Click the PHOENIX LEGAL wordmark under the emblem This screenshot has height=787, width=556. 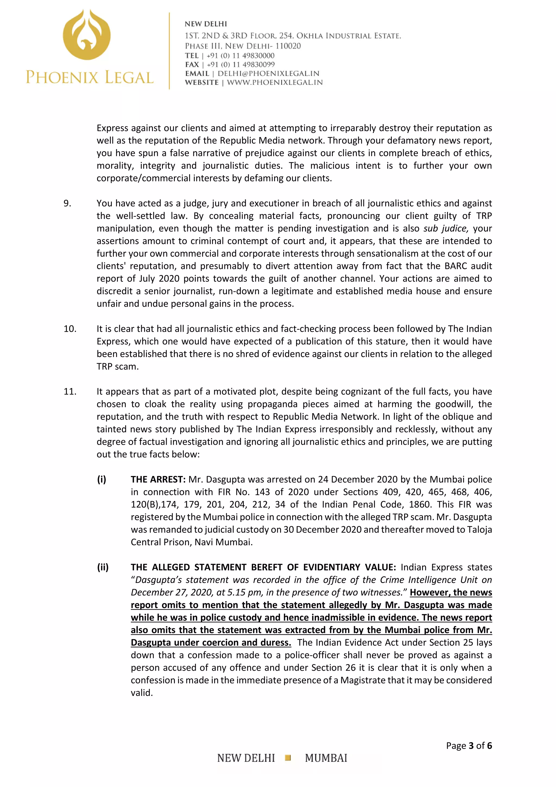(x=90, y=77)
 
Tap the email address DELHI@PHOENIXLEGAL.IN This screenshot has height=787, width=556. (x=268, y=73)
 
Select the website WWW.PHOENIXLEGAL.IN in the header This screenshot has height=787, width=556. (x=275, y=82)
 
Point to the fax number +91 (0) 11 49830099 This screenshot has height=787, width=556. (x=241, y=64)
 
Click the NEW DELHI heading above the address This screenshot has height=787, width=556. (x=206, y=24)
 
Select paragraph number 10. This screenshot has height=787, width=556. (x=69, y=329)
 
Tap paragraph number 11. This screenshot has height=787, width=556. (x=69, y=391)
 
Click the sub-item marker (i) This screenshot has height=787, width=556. (x=102, y=479)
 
